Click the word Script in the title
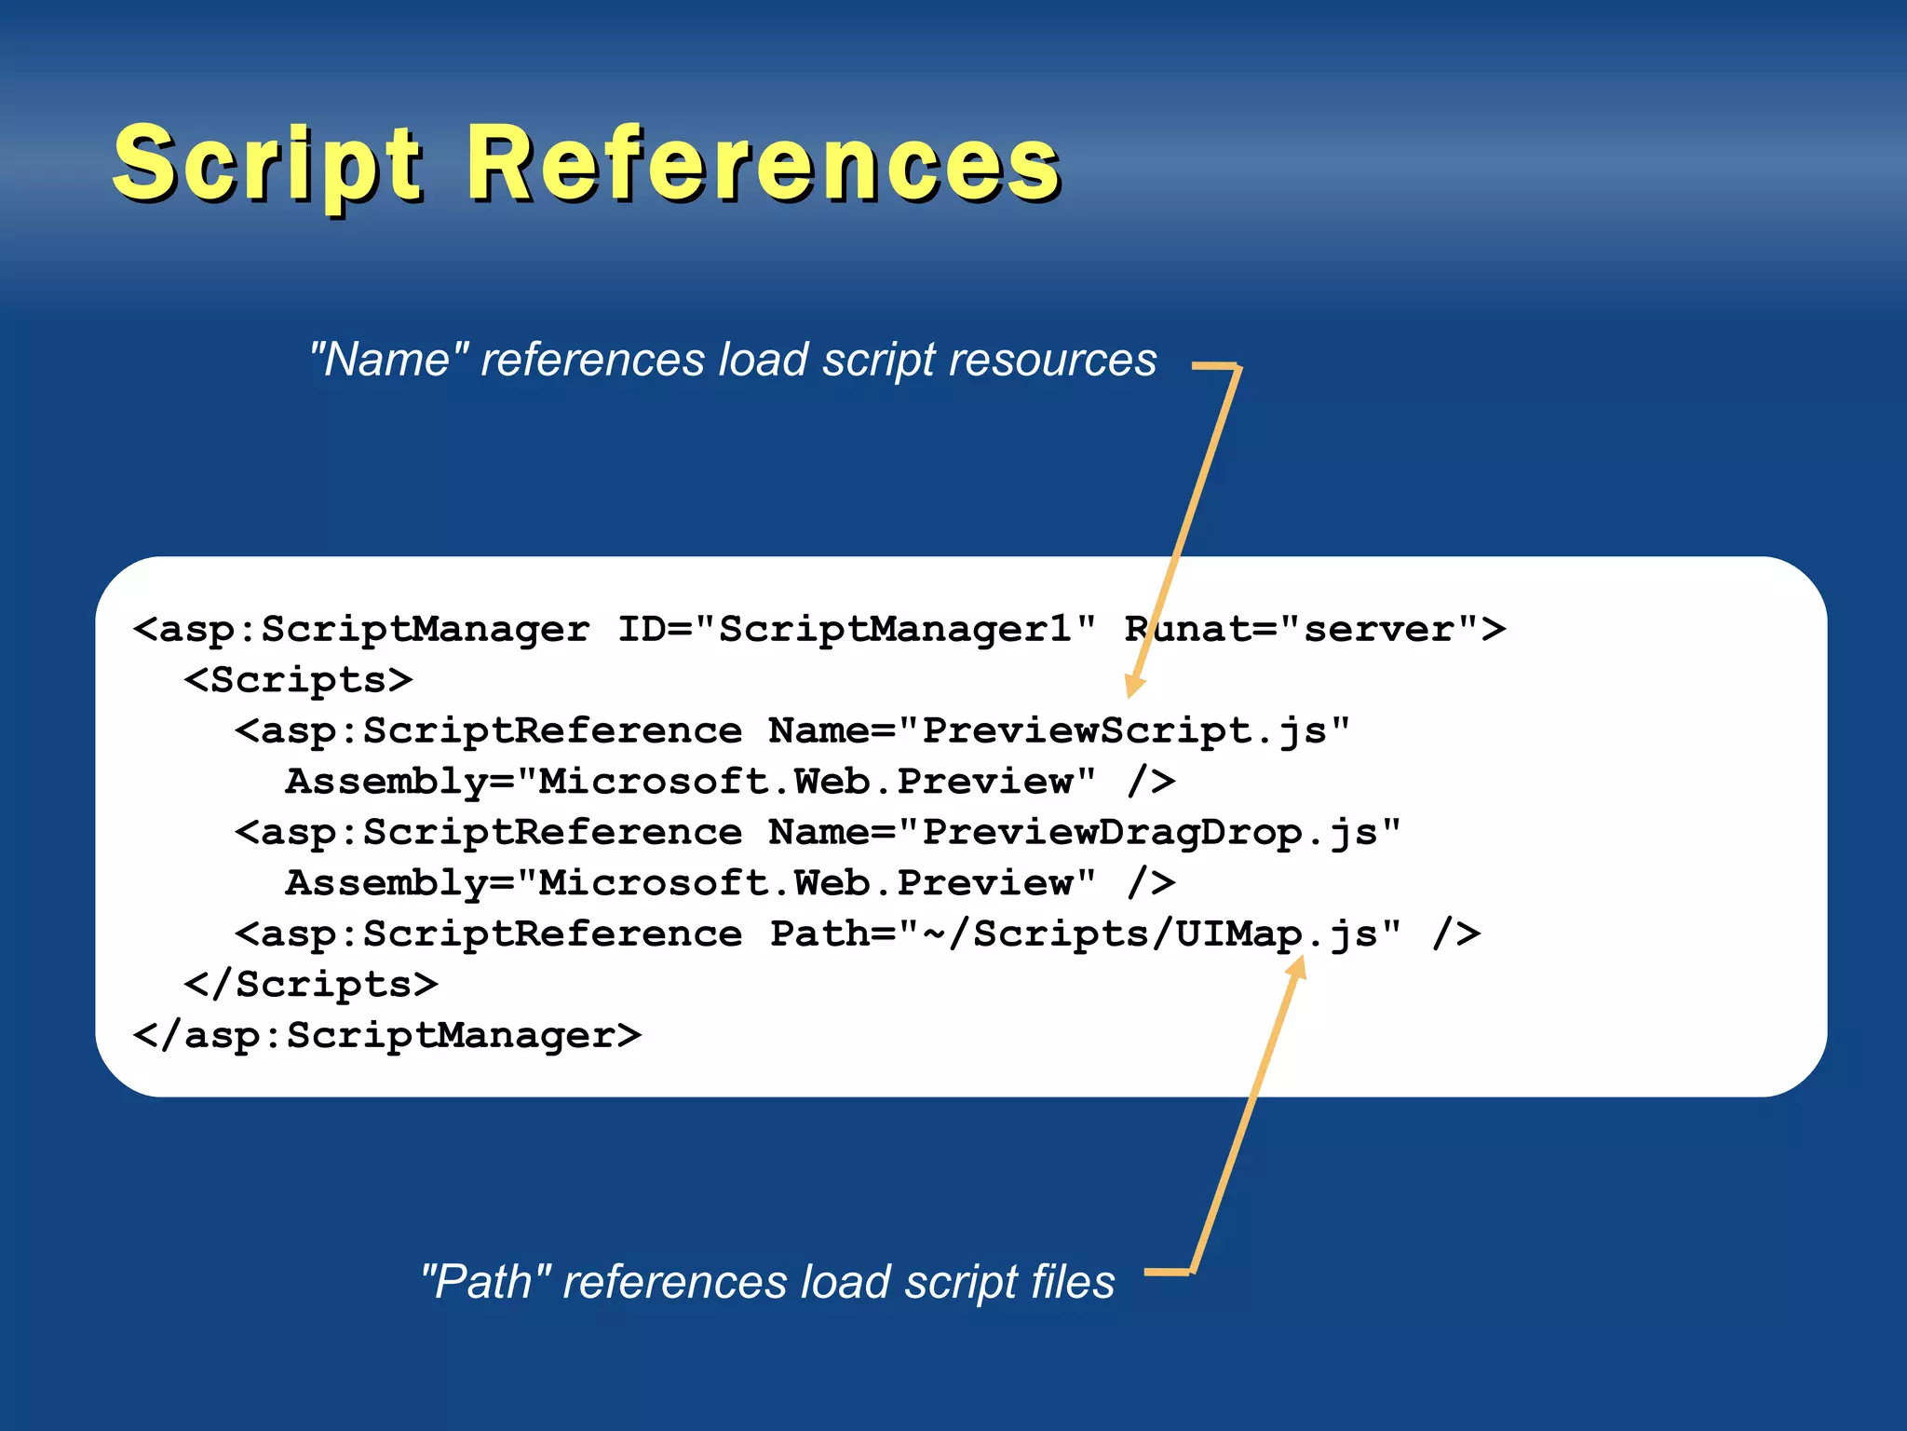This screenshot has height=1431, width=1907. (267, 166)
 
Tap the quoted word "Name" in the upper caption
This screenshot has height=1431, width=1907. (389, 360)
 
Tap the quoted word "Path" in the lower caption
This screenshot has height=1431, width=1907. (486, 1281)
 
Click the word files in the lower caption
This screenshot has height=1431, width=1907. (1072, 1281)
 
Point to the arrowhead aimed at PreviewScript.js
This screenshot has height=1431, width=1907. (1134, 685)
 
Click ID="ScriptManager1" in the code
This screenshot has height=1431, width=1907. (857, 630)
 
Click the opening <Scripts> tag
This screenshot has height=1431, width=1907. (298, 680)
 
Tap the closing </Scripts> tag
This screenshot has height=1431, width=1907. (311, 985)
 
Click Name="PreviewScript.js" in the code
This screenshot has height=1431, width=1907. (1059, 731)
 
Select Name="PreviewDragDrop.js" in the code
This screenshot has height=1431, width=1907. (1084, 833)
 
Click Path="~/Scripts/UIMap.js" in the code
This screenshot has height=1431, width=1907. (1085, 934)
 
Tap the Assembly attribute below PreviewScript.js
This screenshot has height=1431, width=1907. (690, 782)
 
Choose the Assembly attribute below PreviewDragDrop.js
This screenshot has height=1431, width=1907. (690, 883)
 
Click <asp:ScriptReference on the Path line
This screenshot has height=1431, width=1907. (489, 934)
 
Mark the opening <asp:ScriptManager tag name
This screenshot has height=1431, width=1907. (362, 630)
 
